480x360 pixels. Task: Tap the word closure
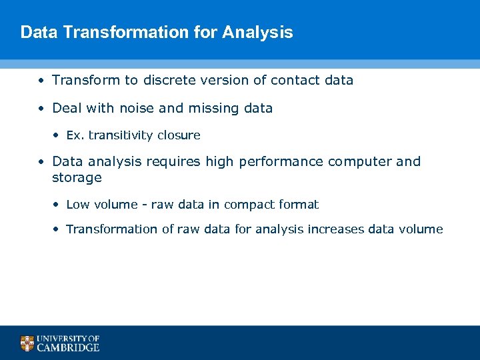pos(179,135)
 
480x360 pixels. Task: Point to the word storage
pos(77,178)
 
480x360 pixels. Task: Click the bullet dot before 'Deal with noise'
pos(41,109)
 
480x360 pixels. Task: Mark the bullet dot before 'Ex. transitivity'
pos(56,136)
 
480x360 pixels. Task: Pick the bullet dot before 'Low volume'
pos(56,205)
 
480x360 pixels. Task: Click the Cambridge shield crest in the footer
pos(27,343)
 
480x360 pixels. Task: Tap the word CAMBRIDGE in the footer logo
pos(68,347)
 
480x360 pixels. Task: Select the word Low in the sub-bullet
pos(78,205)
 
